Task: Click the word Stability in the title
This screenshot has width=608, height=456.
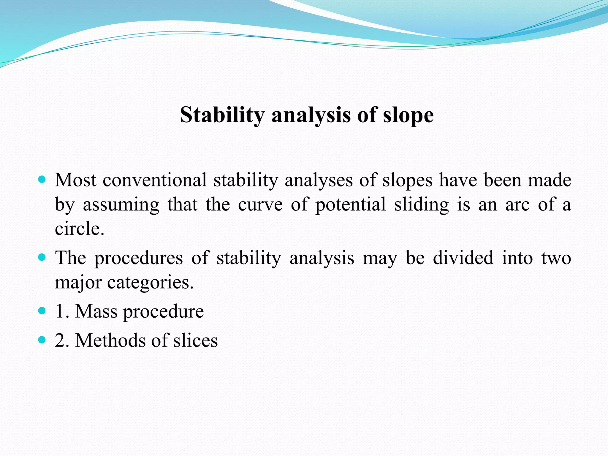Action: tap(222, 115)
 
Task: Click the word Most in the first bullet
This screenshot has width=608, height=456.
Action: tap(75, 180)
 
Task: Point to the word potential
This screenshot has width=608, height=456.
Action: tap(350, 205)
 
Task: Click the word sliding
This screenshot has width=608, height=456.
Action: tap(422, 205)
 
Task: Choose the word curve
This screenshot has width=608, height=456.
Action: tap(260, 205)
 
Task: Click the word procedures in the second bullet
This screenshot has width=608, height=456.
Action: tap(139, 258)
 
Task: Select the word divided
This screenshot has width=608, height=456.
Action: tap(463, 258)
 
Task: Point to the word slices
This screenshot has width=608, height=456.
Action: tap(195, 340)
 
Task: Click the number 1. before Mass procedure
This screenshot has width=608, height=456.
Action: tap(62, 311)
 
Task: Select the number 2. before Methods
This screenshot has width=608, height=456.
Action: tap(62, 340)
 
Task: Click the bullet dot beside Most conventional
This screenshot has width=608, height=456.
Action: tap(42, 179)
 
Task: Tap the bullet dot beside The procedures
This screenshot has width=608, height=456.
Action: tap(42, 257)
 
